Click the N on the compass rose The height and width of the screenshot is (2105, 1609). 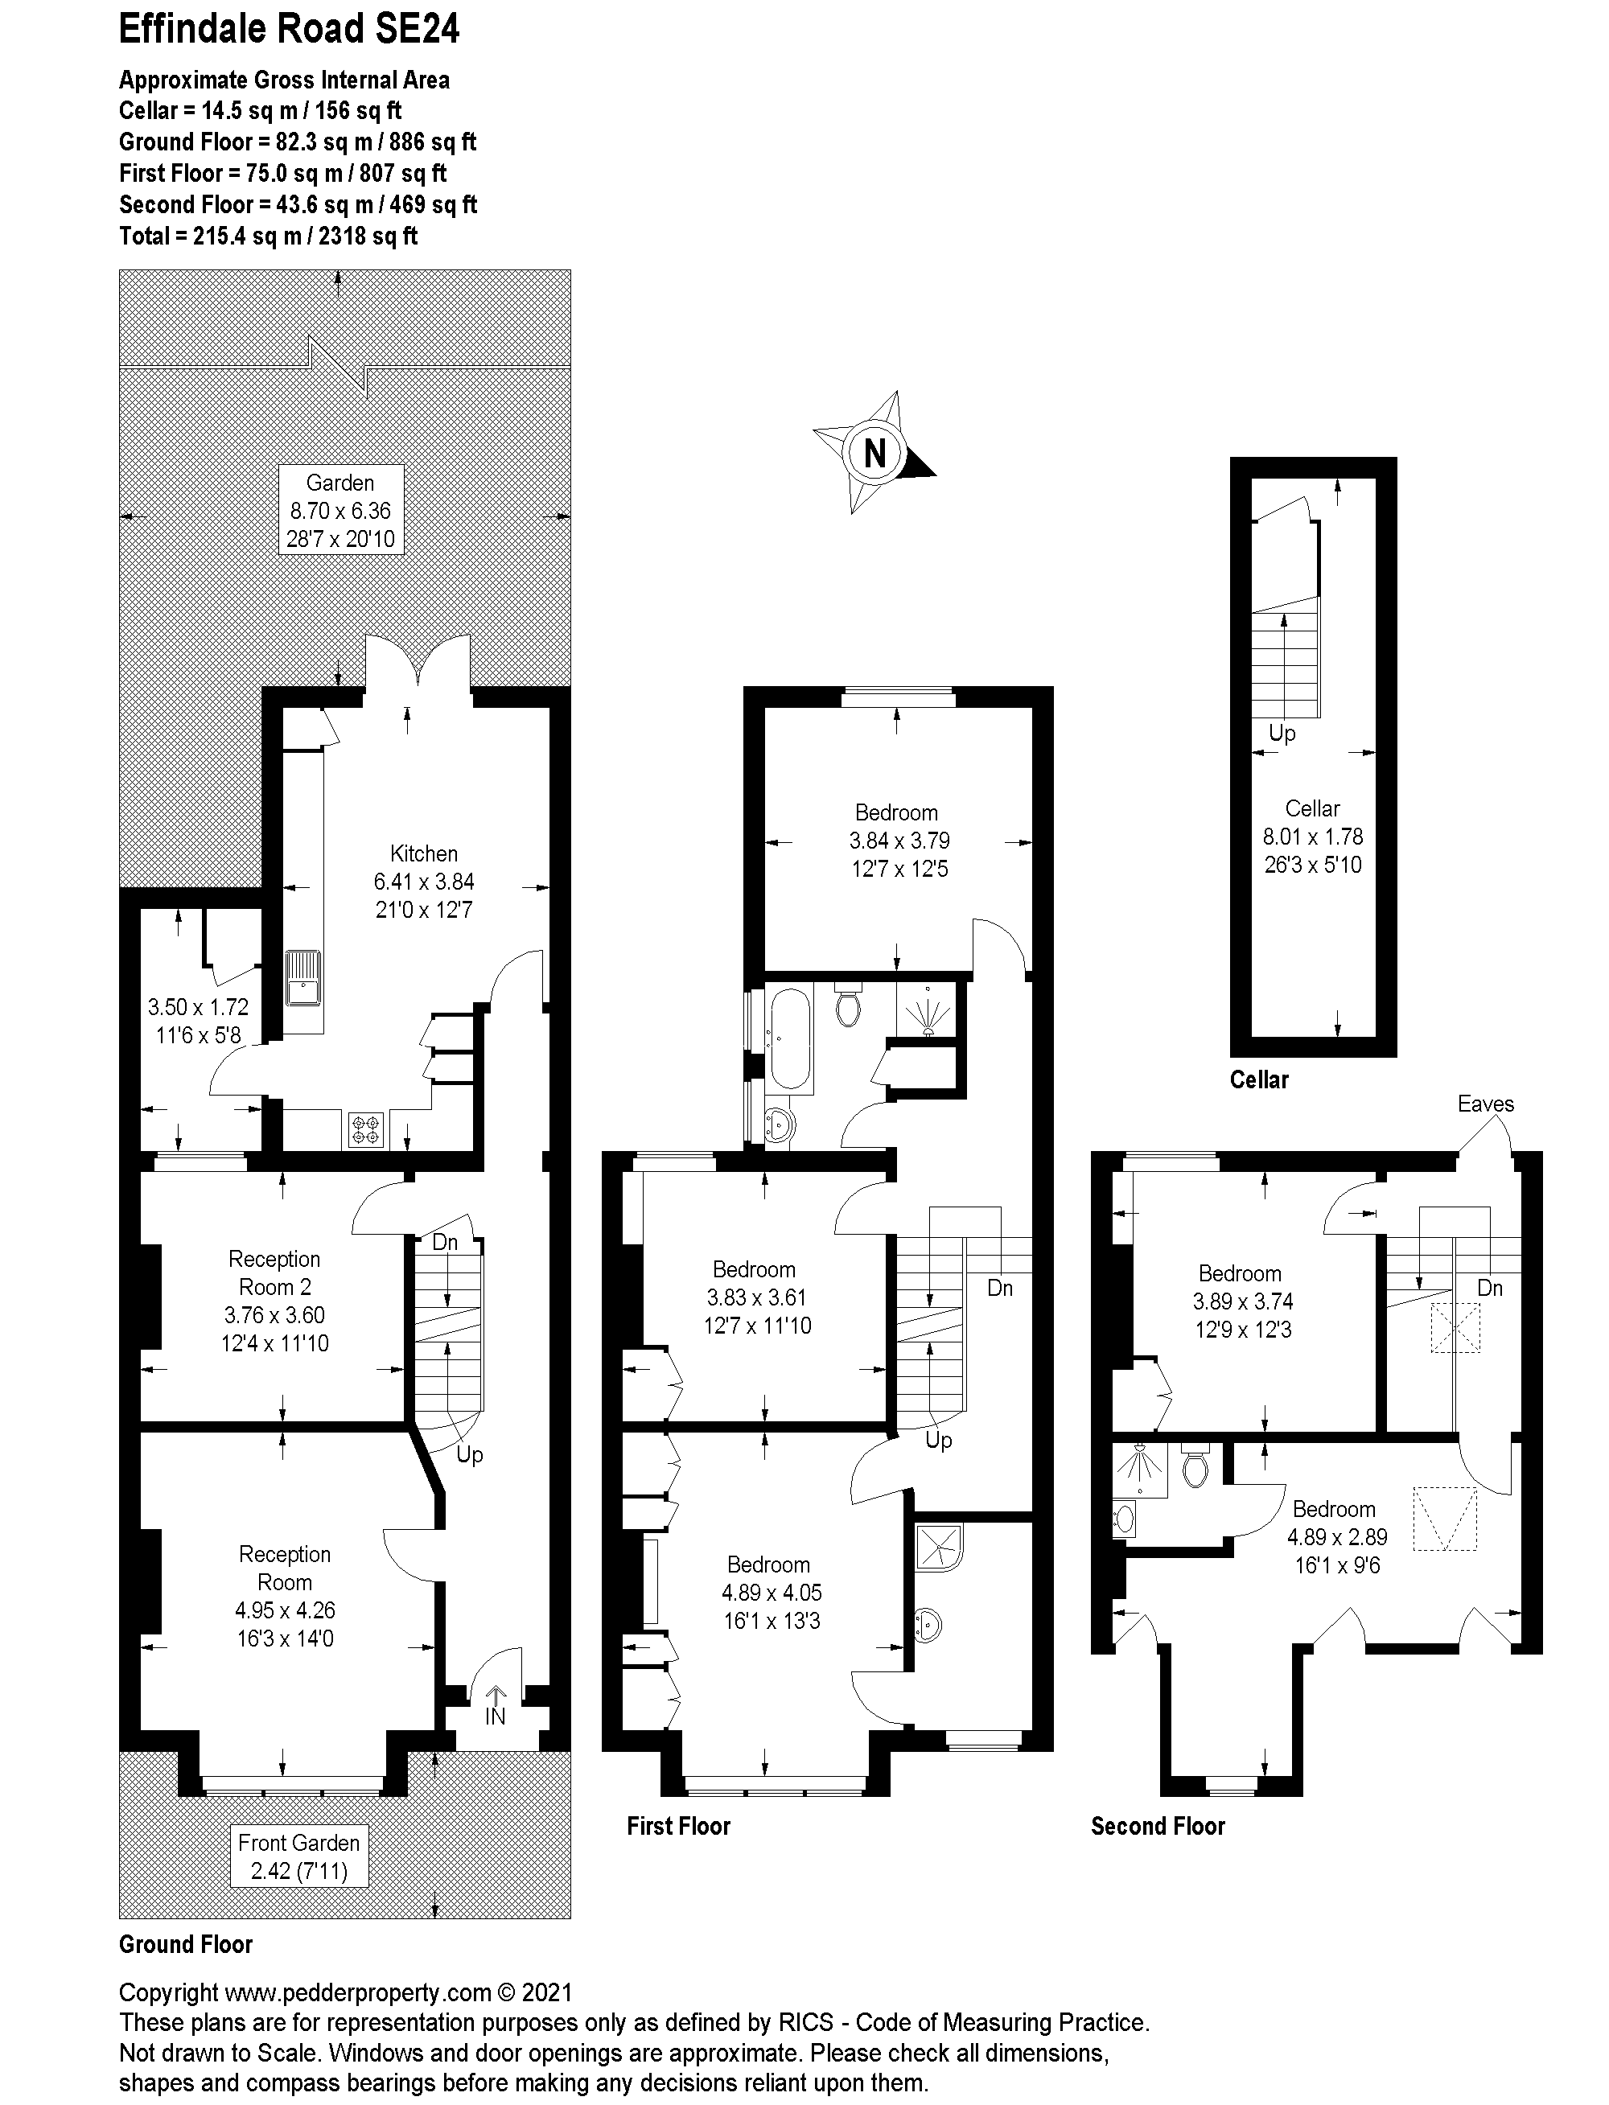coord(874,452)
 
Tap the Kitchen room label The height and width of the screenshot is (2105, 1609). coord(423,853)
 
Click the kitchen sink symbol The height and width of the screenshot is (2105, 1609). coord(302,978)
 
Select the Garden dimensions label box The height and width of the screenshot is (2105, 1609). coord(340,511)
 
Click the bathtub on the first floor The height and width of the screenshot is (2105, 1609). coord(790,1038)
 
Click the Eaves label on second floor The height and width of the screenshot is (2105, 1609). coord(1485,1104)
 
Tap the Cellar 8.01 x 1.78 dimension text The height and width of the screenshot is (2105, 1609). coord(1312,836)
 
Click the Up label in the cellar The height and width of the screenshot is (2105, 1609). coord(1282,734)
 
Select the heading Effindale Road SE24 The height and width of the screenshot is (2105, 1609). coord(288,30)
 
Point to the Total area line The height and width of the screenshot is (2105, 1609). coord(268,236)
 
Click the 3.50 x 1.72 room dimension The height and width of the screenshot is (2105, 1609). coord(197,1006)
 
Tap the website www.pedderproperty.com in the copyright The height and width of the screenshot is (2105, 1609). coord(358,1992)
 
